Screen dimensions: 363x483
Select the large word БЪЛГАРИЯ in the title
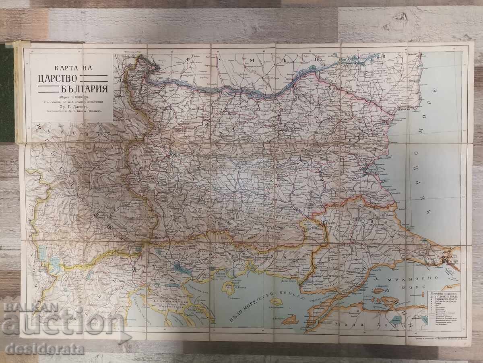pos(70,88)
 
